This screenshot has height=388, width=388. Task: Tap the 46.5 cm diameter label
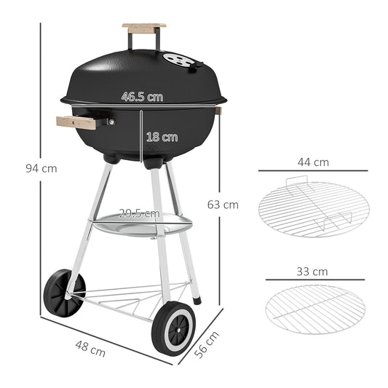(x=142, y=96)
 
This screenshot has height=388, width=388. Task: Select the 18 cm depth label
(x=162, y=136)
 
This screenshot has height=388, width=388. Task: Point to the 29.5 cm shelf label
(x=139, y=213)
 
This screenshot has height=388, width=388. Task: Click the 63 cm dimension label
(x=223, y=205)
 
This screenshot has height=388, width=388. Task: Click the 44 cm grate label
(x=313, y=162)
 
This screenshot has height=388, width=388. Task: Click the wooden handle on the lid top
(x=143, y=28)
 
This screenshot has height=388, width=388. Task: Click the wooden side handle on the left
(x=76, y=122)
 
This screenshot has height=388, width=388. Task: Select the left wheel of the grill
(x=63, y=292)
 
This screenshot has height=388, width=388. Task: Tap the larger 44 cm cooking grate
(x=313, y=209)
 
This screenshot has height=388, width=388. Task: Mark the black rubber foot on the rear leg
(x=197, y=298)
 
